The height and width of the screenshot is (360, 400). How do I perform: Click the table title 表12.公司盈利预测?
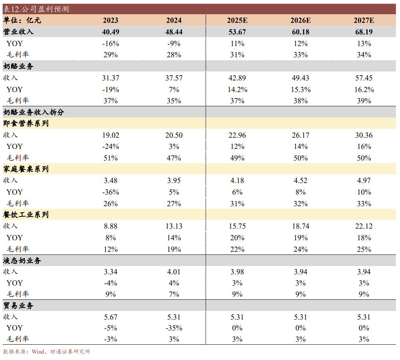click(36, 9)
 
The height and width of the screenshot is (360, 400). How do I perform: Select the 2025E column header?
click(237, 21)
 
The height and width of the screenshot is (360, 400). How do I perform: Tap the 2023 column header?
click(110, 21)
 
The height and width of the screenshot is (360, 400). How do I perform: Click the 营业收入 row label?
click(18, 32)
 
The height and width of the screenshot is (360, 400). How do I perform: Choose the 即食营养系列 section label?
click(26, 123)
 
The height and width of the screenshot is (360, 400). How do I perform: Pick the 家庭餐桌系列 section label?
click(26, 169)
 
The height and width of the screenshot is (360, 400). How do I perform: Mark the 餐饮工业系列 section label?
click(26, 215)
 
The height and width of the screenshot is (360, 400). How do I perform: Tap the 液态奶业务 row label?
click(22, 261)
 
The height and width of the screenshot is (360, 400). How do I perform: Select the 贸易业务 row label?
click(18, 306)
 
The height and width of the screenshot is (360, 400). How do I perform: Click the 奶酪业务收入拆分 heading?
click(34, 112)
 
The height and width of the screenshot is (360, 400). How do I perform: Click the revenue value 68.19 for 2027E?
click(364, 32)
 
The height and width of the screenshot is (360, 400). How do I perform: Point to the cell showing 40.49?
click(110, 32)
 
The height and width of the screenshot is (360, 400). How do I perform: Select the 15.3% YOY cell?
click(300, 89)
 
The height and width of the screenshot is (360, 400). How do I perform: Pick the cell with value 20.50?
click(174, 135)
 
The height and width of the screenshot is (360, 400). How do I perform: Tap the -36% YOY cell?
click(110, 192)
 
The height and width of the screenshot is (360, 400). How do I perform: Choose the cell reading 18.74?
click(300, 226)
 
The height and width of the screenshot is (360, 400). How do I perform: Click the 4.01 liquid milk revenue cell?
click(174, 272)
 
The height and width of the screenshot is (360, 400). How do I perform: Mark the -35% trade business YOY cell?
click(174, 328)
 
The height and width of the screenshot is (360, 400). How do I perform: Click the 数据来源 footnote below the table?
click(47, 351)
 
